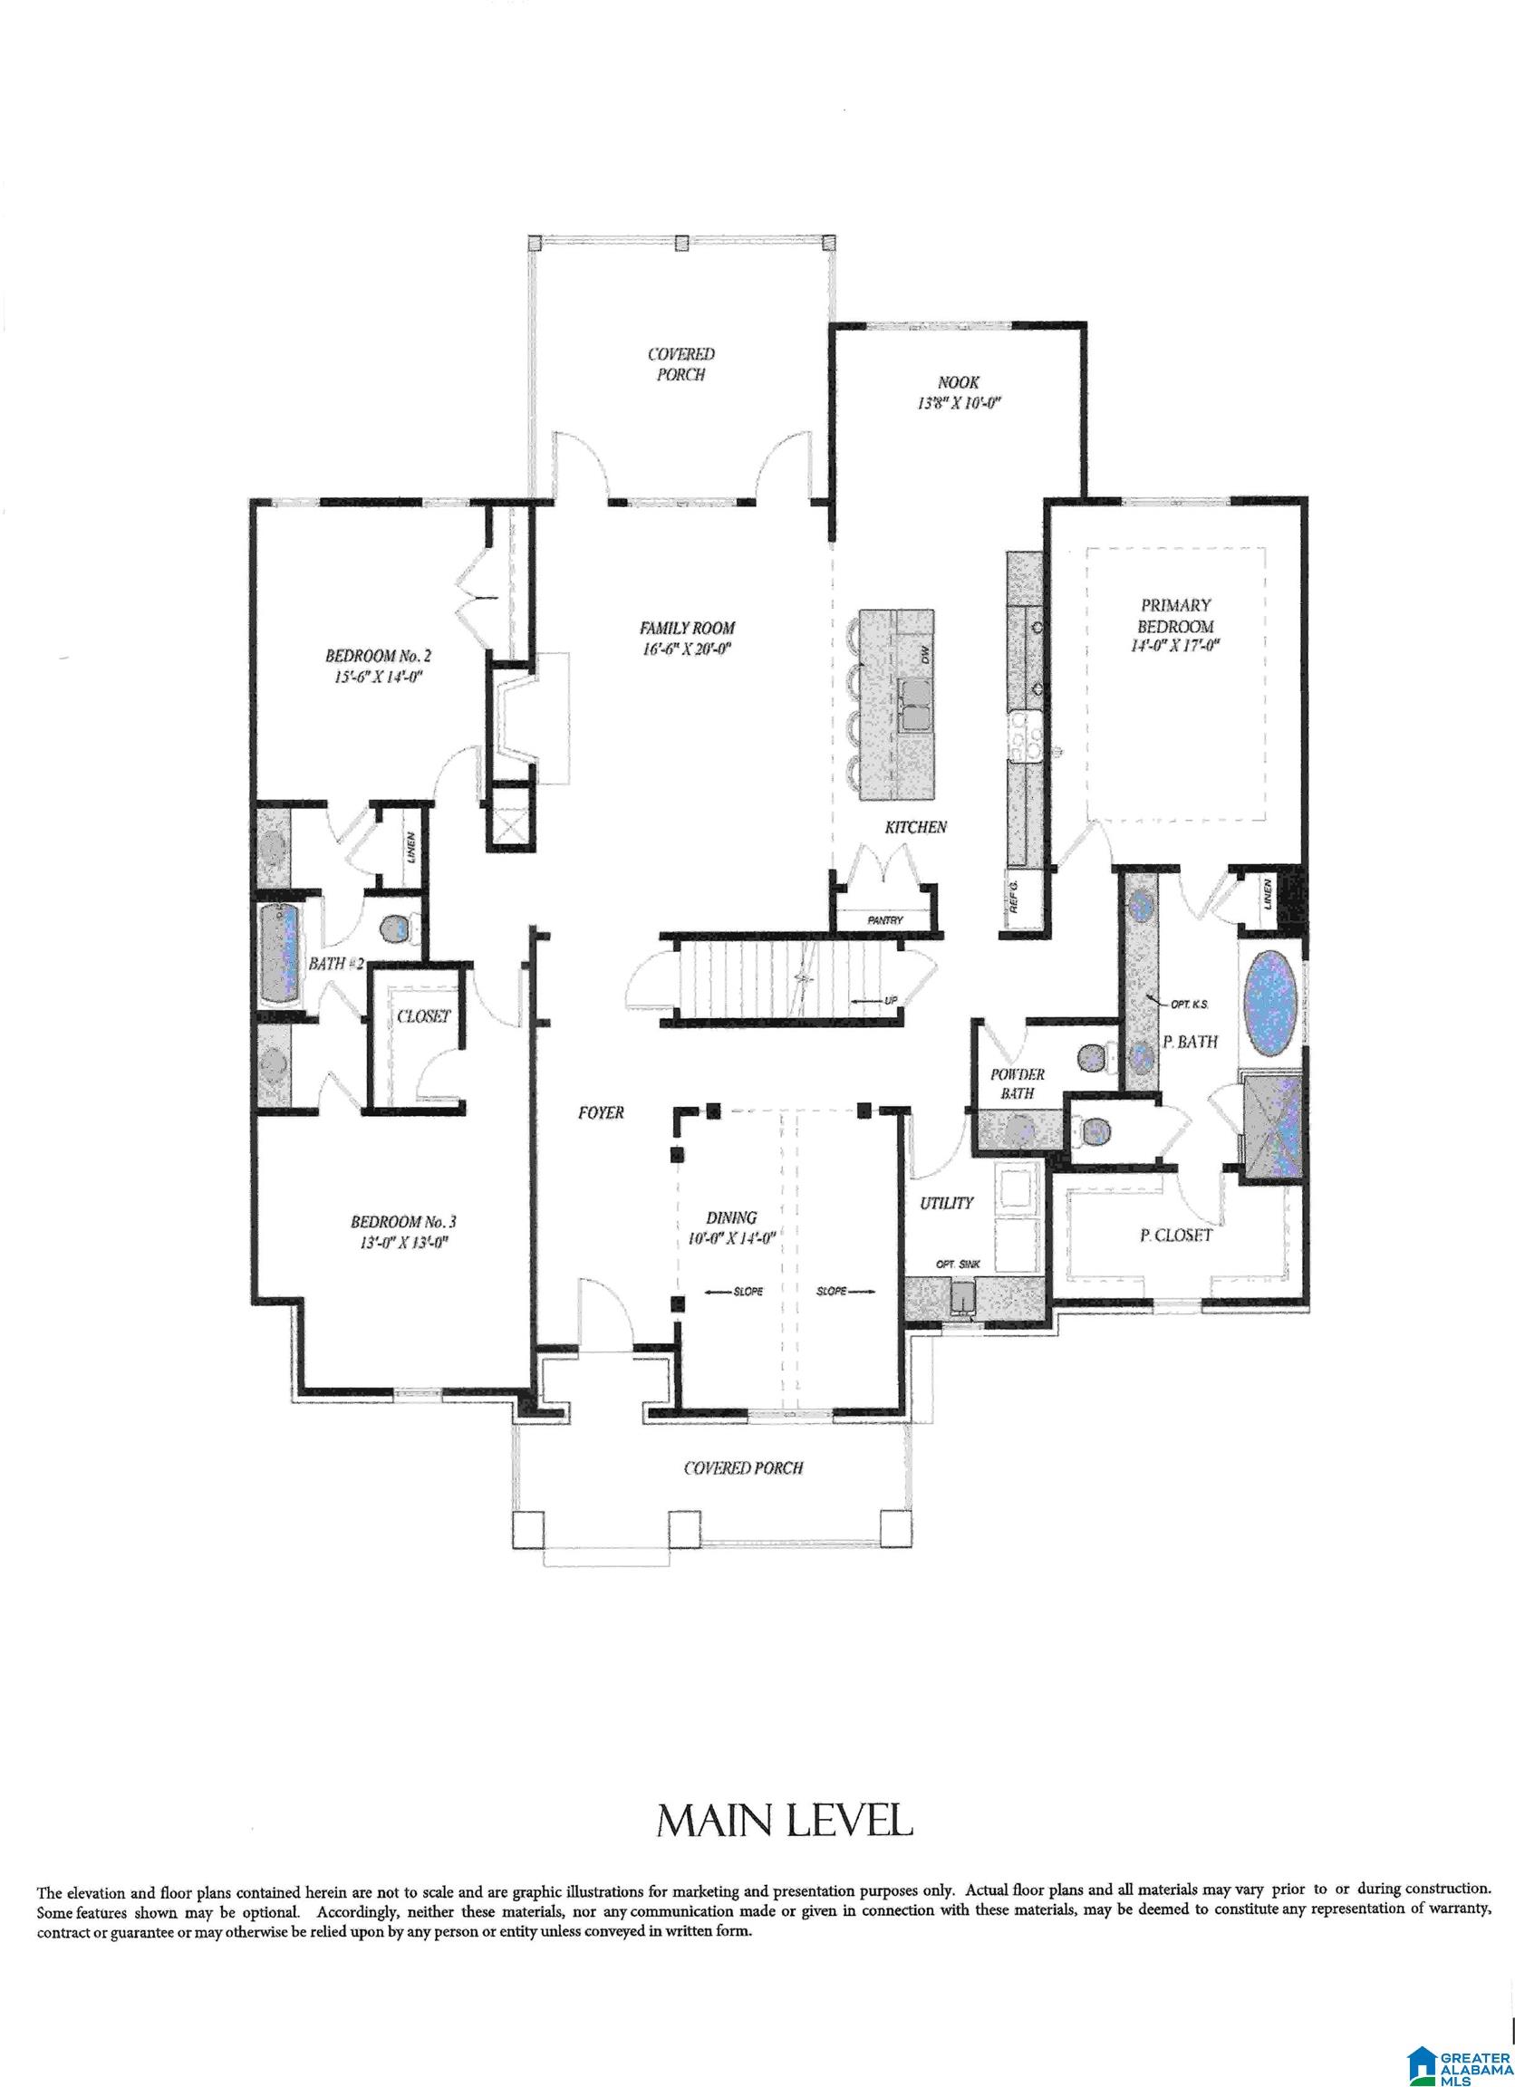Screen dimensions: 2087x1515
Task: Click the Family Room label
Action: [x=687, y=628]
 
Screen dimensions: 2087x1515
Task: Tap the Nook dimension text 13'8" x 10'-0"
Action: [x=957, y=403]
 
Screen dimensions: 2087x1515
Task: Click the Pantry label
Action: [x=884, y=920]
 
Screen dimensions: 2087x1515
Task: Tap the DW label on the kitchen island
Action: [x=927, y=655]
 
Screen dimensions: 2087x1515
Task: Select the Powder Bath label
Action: [x=1017, y=1084]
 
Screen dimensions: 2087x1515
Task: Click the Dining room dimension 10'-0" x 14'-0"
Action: [x=733, y=1239]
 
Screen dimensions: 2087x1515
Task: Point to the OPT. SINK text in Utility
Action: [x=957, y=1265]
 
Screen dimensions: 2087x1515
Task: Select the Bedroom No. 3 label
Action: [x=403, y=1222]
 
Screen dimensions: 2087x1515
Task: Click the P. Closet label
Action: [x=1175, y=1236]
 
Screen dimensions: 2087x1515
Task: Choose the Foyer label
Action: [x=600, y=1112]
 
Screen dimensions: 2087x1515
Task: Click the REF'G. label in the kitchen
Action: [x=1014, y=895]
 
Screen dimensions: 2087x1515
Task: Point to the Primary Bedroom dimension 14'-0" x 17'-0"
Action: [x=1174, y=646]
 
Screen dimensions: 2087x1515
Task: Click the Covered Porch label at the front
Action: [x=743, y=1467]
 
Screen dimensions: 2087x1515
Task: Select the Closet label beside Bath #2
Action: [x=423, y=1016]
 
